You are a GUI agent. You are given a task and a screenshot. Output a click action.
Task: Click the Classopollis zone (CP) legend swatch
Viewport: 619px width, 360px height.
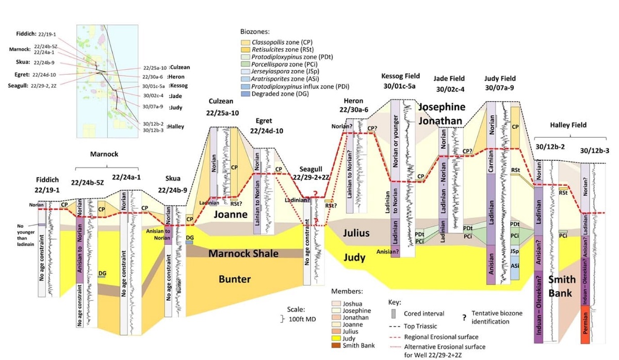tap(246, 42)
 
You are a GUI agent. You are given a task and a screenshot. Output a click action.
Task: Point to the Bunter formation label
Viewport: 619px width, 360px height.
tap(235, 280)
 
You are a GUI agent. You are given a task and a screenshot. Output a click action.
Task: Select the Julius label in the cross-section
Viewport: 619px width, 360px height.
tap(356, 233)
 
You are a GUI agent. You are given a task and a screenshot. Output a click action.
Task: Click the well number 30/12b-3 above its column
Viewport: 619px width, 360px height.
tap(594, 151)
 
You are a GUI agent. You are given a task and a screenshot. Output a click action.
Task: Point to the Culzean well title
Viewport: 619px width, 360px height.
tap(223, 101)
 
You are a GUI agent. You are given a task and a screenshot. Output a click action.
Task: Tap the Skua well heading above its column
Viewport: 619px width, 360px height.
tap(172, 178)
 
